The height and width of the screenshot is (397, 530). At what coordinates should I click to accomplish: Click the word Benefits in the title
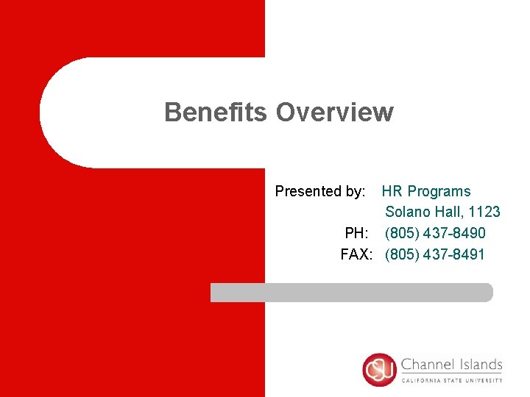coord(216,112)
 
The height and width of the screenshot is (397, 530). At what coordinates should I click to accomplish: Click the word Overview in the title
coord(334,112)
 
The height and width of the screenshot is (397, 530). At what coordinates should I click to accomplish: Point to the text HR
coord(392,191)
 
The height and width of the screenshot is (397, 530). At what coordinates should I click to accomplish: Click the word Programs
coord(439,192)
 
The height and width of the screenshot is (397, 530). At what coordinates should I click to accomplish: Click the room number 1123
coord(485,212)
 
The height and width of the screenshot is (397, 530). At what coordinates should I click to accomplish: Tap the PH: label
coord(357,233)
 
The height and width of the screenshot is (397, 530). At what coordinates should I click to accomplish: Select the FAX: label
coord(357,254)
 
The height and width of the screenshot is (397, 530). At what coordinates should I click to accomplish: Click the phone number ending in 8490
coord(435,233)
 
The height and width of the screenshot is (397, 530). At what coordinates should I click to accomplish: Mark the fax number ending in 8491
coord(435,254)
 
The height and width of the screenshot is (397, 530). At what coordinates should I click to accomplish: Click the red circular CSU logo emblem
coord(380,370)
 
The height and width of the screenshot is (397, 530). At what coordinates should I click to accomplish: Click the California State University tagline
coord(452,381)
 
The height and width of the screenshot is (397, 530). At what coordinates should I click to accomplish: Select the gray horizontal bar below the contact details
coord(351,292)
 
